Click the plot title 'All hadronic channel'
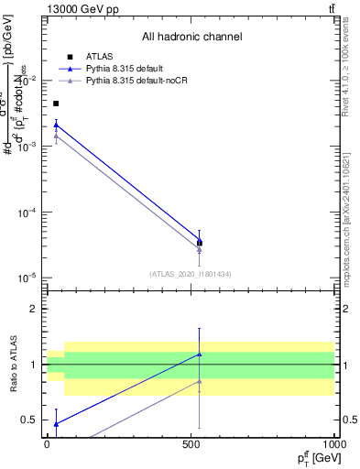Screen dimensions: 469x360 coord(191,37)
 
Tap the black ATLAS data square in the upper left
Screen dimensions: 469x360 coord(56,104)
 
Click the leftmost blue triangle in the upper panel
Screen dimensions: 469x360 coord(56,125)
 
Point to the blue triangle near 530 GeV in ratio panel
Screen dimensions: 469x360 coord(200,354)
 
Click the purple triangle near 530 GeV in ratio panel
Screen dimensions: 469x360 coord(200,381)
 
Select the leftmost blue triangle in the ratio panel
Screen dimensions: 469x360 coord(56,423)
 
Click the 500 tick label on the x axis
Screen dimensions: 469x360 coord(191,443)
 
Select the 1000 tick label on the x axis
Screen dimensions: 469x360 coord(332,443)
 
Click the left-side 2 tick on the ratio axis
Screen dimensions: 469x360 coord(37,309)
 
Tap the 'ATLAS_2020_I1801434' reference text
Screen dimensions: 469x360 coord(191,273)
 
